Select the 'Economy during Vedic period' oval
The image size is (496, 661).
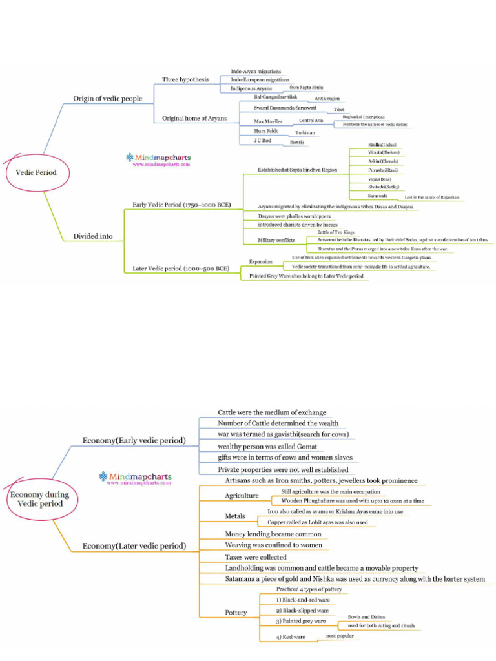click(x=37, y=499)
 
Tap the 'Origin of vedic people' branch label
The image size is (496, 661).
click(x=107, y=99)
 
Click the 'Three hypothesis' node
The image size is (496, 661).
click(x=185, y=79)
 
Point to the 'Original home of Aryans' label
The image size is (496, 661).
click(x=194, y=119)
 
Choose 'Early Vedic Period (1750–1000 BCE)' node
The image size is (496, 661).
click(x=181, y=205)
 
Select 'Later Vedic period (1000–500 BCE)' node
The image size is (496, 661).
click(x=181, y=268)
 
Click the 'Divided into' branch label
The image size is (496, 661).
click(x=93, y=236)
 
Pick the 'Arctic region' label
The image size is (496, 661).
click(x=327, y=99)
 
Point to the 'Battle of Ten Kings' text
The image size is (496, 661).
click(x=335, y=232)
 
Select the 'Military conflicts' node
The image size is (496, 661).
click(x=276, y=240)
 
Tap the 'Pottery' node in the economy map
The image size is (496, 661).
click(x=236, y=613)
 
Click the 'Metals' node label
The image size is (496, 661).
click(x=234, y=516)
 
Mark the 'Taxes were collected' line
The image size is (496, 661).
click(x=255, y=557)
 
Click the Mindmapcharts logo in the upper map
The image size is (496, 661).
click(x=158, y=159)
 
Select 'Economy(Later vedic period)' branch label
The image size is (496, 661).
click(x=134, y=546)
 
